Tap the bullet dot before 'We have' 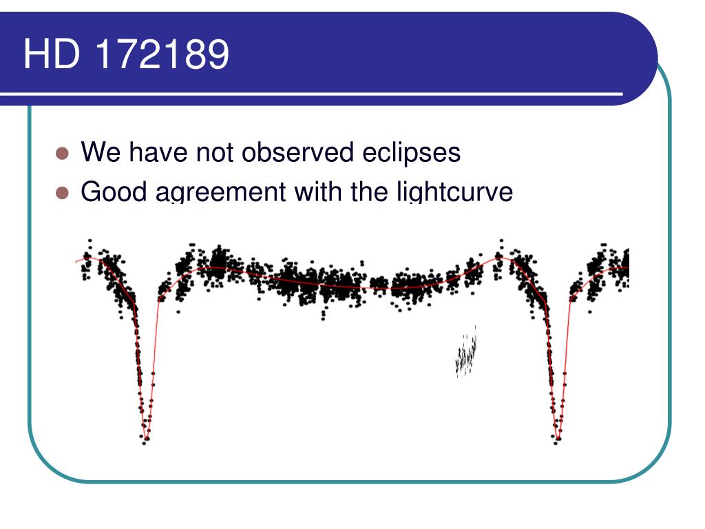(x=63, y=154)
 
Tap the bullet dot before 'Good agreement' (x=63, y=194)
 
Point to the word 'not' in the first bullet (x=214, y=152)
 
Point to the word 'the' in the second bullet (x=371, y=192)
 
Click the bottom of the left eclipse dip (x=145, y=438)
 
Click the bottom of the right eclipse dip (x=558, y=438)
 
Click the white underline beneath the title (x=310, y=93)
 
